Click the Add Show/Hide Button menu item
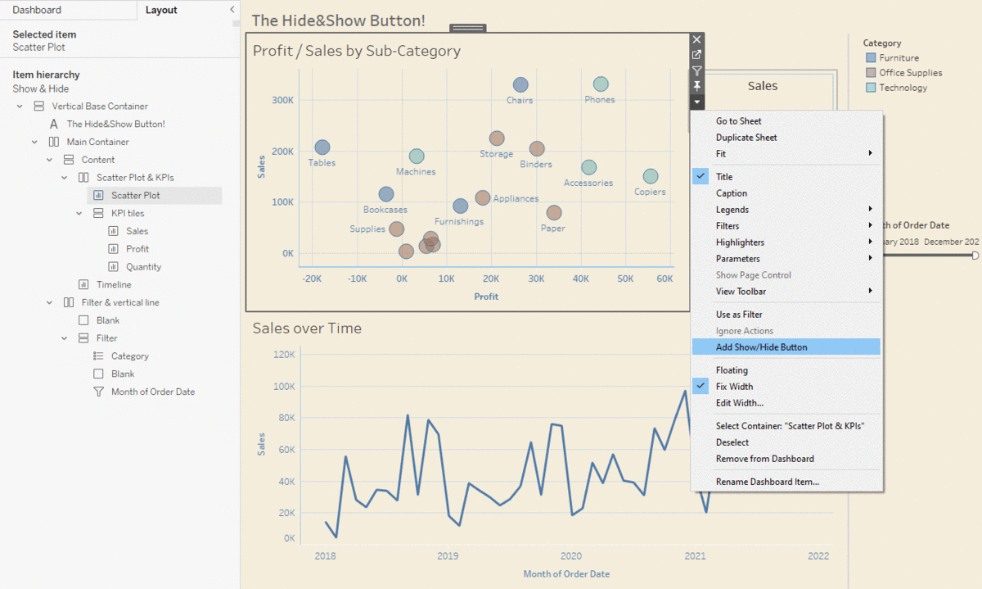click(x=761, y=347)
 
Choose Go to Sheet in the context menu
click(x=738, y=121)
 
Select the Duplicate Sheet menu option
click(x=746, y=138)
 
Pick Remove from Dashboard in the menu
click(x=764, y=459)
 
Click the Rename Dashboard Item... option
click(x=767, y=482)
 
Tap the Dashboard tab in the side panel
click(x=37, y=10)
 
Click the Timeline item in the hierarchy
click(x=114, y=285)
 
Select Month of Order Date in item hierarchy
click(x=152, y=392)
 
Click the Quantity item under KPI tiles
click(x=143, y=267)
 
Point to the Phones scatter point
click(x=601, y=84)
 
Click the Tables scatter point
click(x=322, y=147)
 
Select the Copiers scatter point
click(x=651, y=176)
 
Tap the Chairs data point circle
click(x=520, y=85)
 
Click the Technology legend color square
click(x=871, y=88)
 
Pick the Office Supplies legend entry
click(x=910, y=73)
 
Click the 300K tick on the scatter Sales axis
click(x=282, y=100)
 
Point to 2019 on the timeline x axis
click(x=448, y=556)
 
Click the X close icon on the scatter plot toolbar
click(x=696, y=39)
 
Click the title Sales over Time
click(x=307, y=328)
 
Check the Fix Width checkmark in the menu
click(x=700, y=387)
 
